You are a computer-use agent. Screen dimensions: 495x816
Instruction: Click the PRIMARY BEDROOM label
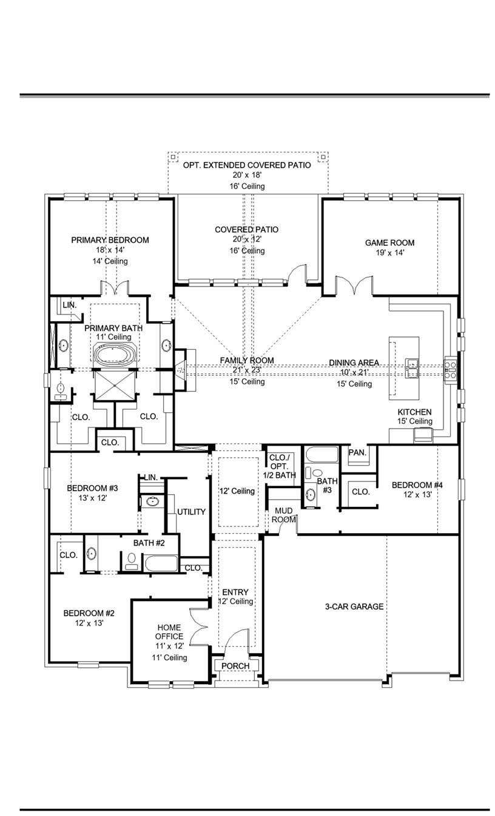110,240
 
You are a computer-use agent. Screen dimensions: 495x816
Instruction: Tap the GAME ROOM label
389,243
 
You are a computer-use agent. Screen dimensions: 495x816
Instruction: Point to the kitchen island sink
412,368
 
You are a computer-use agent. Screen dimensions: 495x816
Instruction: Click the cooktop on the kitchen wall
450,369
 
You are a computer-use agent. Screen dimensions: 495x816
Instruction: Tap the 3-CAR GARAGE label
354,607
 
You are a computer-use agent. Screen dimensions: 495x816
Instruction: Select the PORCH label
235,666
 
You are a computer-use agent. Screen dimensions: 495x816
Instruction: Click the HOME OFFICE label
169,632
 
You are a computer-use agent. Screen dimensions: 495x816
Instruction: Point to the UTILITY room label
191,512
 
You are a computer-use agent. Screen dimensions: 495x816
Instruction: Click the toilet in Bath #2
132,562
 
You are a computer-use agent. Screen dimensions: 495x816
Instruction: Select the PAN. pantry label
357,452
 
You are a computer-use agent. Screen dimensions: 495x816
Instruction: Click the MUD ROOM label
283,515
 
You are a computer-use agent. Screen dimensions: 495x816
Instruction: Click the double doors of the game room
354,285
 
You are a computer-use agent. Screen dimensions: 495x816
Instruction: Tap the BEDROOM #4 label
417,485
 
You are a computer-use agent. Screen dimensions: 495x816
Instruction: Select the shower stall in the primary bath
115,385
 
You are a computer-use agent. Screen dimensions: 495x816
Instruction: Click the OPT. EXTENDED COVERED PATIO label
247,165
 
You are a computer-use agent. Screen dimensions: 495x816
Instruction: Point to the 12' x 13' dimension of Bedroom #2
89,623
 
